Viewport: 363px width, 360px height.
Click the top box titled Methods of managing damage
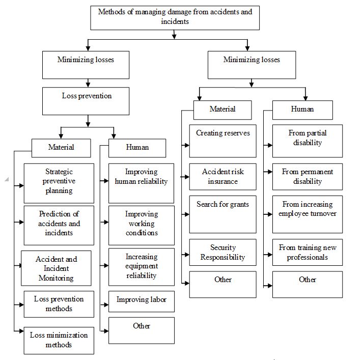175,18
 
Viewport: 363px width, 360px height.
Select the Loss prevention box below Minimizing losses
86,101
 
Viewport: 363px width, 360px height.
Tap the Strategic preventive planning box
59,183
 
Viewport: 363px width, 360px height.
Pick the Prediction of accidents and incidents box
59,225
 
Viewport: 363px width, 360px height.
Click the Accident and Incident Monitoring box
56,268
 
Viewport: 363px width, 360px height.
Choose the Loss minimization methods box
59,340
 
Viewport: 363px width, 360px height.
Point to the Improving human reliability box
141,183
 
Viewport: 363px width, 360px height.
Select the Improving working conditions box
142,225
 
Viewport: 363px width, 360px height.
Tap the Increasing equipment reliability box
142,267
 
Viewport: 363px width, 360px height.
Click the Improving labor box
142,301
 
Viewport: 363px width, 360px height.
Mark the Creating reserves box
222,141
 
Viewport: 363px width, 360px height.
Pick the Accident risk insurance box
222,177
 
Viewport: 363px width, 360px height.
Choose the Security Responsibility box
222,252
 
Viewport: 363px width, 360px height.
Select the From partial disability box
308,141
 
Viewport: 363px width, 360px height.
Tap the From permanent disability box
308,177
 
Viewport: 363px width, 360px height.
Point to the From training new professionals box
308,252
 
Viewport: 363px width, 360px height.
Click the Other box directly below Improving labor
142,330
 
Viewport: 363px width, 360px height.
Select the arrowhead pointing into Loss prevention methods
21,304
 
